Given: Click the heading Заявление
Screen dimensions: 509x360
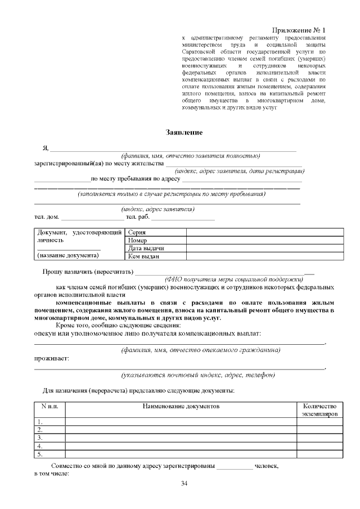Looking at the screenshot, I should coord(180,132).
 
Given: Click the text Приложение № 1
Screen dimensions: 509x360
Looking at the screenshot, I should coord(299,29).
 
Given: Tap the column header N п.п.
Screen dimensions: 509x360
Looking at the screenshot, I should coord(49,406).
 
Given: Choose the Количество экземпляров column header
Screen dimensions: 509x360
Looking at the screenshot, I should coord(319,409).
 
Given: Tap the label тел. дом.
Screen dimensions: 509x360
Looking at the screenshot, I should coord(47,217).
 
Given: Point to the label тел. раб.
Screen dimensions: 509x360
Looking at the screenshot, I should coord(137,217).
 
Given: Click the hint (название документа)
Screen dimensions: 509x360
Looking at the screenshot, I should coord(67,255).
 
